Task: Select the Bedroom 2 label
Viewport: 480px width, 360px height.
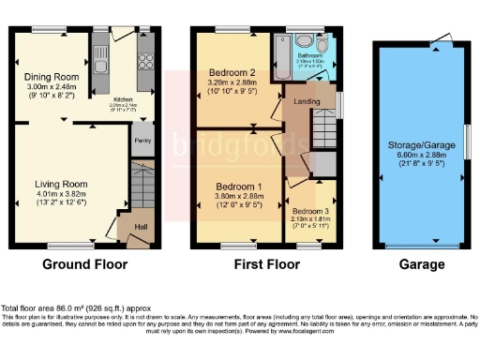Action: click(232, 72)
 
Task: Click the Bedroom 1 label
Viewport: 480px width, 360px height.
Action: click(229, 172)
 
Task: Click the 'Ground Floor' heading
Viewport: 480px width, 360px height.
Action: click(85, 265)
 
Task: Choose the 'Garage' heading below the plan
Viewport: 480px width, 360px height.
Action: click(421, 265)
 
